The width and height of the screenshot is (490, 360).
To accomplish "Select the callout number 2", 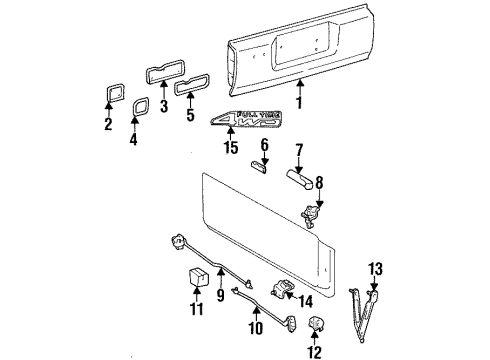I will tap(108, 125).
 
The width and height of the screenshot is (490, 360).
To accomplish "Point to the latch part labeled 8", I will tap(311, 214).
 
